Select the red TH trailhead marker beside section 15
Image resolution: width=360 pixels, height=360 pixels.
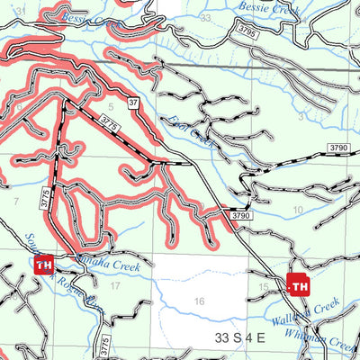click(x=299, y=286)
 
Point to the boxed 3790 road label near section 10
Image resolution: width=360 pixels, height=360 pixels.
click(x=238, y=216)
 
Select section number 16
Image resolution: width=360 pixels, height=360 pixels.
click(x=199, y=301)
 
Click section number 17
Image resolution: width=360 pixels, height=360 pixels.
click(x=113, y=285)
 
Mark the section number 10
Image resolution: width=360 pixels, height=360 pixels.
click(x=296, y=210)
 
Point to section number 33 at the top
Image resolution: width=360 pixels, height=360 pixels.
click(x=208, y=17)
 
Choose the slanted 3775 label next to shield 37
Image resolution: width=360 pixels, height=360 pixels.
click(x=112, y=118)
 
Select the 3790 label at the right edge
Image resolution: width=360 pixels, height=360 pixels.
click(x=338, y=146)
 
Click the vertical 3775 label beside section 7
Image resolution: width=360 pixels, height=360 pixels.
click(x=43, y=200)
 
